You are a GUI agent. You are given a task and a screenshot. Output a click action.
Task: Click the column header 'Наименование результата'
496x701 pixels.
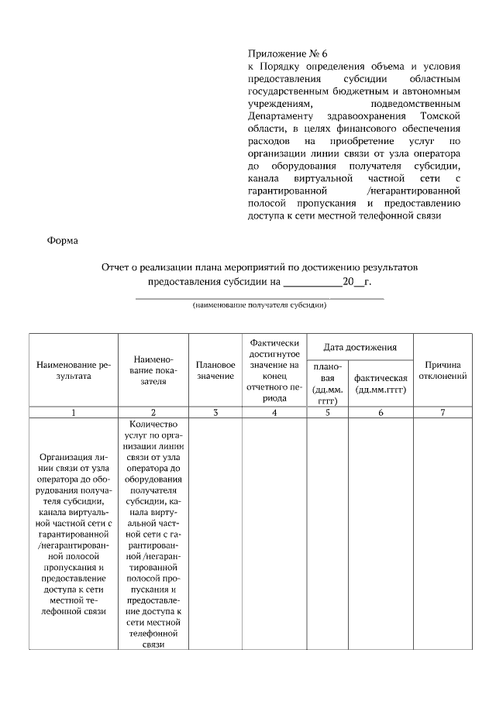coord(73,369)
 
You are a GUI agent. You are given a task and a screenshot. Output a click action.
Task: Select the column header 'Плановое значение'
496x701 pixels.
coord(215,369)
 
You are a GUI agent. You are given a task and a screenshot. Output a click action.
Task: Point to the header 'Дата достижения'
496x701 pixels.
coord(360,346)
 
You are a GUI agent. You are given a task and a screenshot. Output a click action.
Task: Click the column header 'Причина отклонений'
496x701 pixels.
coord(443,369)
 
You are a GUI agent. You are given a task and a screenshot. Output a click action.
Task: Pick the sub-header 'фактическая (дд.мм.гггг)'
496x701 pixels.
coord(381,383)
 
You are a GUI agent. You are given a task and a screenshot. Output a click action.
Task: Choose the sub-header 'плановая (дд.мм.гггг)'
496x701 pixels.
coord(327,383)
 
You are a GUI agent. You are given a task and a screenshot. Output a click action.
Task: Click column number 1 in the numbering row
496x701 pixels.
coord(73,412)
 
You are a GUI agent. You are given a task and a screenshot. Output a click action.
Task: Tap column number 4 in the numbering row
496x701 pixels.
coord(274,412)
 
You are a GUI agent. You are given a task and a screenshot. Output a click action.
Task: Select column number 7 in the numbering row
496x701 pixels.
coord(443,412)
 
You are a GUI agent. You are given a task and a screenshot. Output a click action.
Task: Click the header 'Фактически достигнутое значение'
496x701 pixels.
coord(274,369)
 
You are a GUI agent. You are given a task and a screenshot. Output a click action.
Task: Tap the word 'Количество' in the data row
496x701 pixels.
coord(153,424)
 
